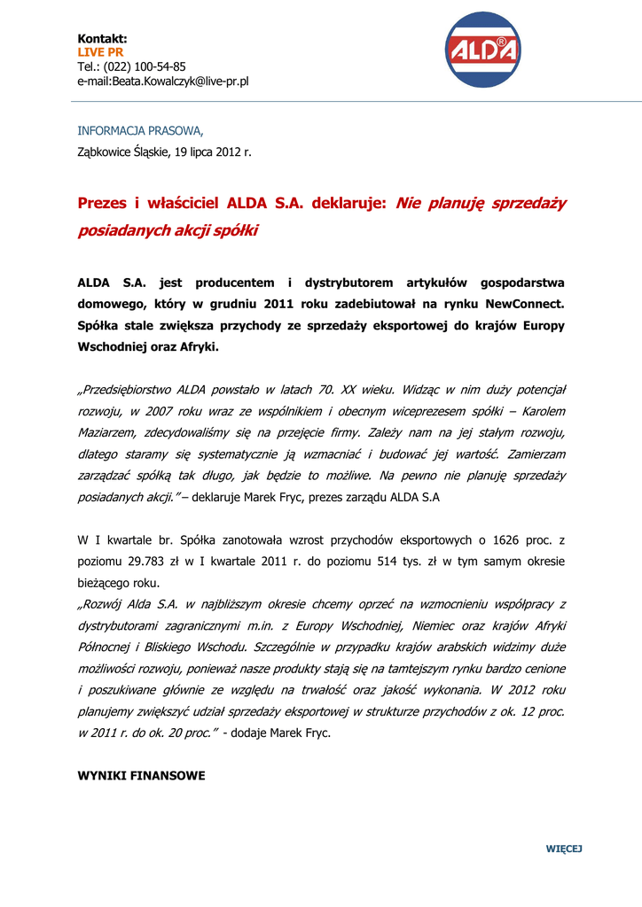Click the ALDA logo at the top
coord(482,50)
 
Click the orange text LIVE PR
coord(100,53)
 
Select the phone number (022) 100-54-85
coord(145,67)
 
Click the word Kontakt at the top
coord(102,39)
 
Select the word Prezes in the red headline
coord(102,204)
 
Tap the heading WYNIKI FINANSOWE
coord(142,776)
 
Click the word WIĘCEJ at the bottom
coord(563,849)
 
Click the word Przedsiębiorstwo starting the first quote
coord(126,390)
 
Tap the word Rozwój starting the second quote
coord(106,605)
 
